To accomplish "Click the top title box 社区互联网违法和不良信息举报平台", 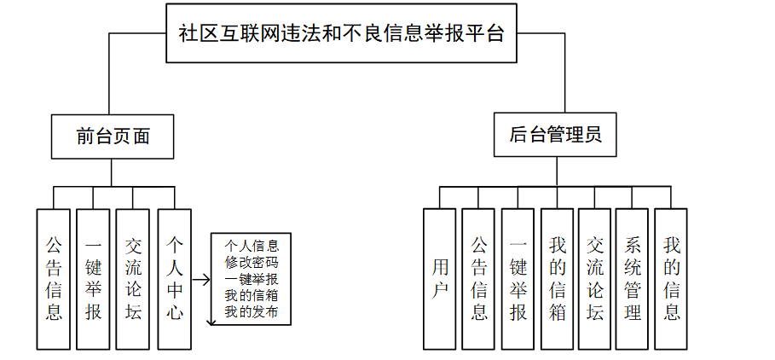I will pos(341,32).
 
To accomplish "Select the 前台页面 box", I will pos(113,136).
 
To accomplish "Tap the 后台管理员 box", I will pos(556,136).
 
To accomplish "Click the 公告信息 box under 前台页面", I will pos(54,278).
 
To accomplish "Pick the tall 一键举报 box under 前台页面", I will pos(93,278).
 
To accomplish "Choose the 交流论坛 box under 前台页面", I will pos(133,278).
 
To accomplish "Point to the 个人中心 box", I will pos(174,278).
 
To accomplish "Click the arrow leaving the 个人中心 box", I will pos(201,279).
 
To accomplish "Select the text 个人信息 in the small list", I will pos(252,246).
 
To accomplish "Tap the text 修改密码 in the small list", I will pos(252,262).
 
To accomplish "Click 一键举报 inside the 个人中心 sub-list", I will pos(252,279).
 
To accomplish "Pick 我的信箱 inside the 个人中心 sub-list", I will pos(252,295).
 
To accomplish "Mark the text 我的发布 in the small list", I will pos(252,312).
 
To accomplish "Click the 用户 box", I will pos(440,278).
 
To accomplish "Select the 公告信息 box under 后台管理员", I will pos(479,278).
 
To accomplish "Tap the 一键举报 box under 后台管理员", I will pos(518,278).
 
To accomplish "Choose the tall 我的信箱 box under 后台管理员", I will pos(557,278).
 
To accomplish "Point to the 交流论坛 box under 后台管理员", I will pos(595,278).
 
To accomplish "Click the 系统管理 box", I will pos(633,278).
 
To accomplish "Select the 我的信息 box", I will pos(672,278).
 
